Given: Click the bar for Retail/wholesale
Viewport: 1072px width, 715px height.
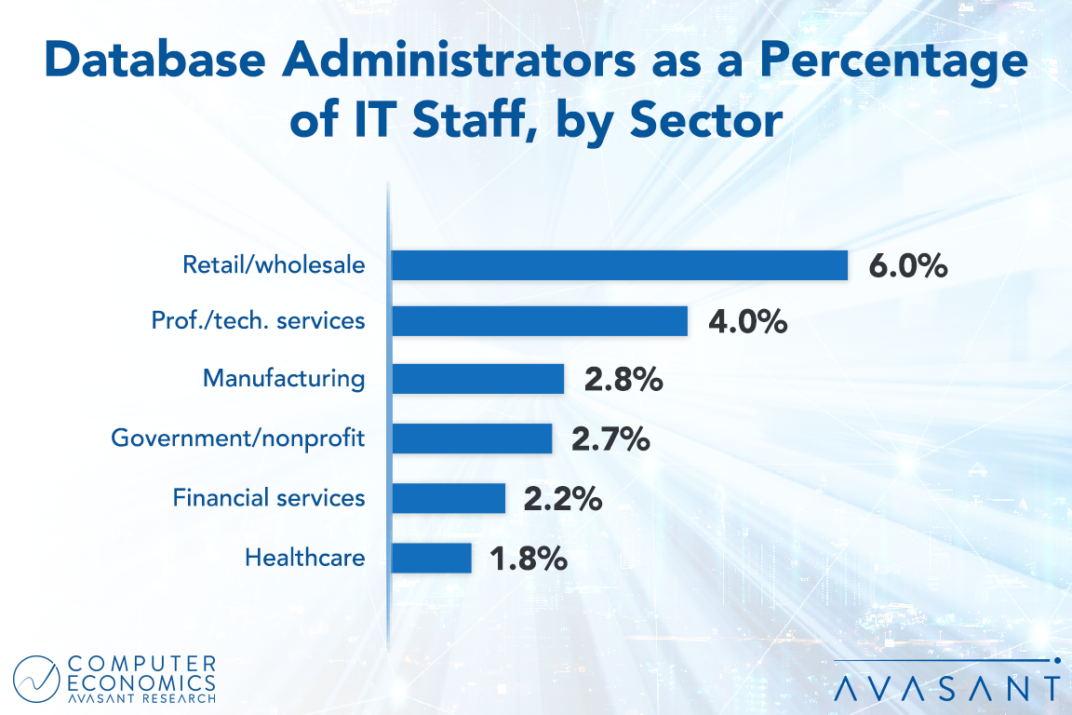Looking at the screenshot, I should [620, 265].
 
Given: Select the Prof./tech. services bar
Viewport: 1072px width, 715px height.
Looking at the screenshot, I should [540, 321].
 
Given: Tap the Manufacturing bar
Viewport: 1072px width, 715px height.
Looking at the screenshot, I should [478, 379].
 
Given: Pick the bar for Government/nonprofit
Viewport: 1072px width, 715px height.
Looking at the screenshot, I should [472, 438].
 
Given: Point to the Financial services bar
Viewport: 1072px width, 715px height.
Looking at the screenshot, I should [449, 498].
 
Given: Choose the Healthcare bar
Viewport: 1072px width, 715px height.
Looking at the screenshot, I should [432, 558].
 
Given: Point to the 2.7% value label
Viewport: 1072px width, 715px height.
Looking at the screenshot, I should [610, 439].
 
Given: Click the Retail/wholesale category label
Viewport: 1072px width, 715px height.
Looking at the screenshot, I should [274, 265].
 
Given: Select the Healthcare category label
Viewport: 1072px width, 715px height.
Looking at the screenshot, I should [305, 558].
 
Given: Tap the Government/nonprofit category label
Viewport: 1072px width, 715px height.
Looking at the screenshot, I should [238, 438].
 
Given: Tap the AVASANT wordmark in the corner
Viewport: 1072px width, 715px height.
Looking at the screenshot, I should [947, 688].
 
